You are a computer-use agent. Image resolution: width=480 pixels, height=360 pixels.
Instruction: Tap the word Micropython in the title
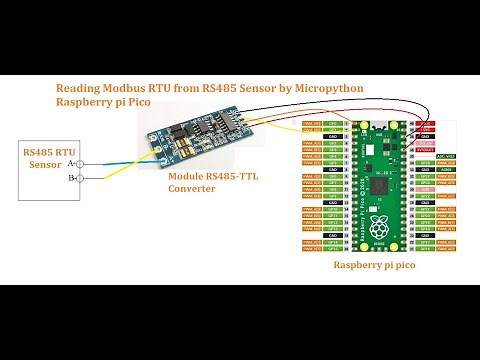click(x=320, y=89)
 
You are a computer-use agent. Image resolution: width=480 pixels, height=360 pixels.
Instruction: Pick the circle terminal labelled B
click(x=79, y=178)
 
